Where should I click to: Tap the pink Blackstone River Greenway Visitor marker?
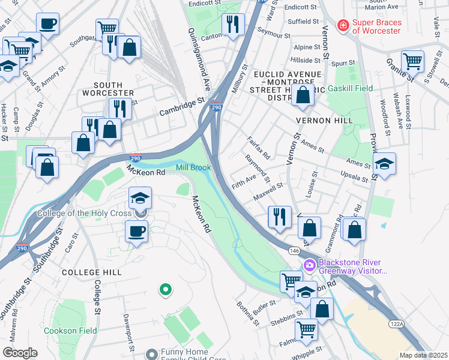[310, 265]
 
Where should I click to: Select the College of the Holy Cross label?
[88, 213]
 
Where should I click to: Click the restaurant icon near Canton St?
[232, 25]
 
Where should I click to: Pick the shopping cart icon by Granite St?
[412, 61]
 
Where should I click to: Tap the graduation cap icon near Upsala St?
[384, 164]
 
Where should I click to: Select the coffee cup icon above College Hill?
[136, 231]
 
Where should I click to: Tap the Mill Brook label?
[193, 167]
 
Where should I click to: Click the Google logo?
[20, 352]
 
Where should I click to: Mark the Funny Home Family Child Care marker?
[152, 355]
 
